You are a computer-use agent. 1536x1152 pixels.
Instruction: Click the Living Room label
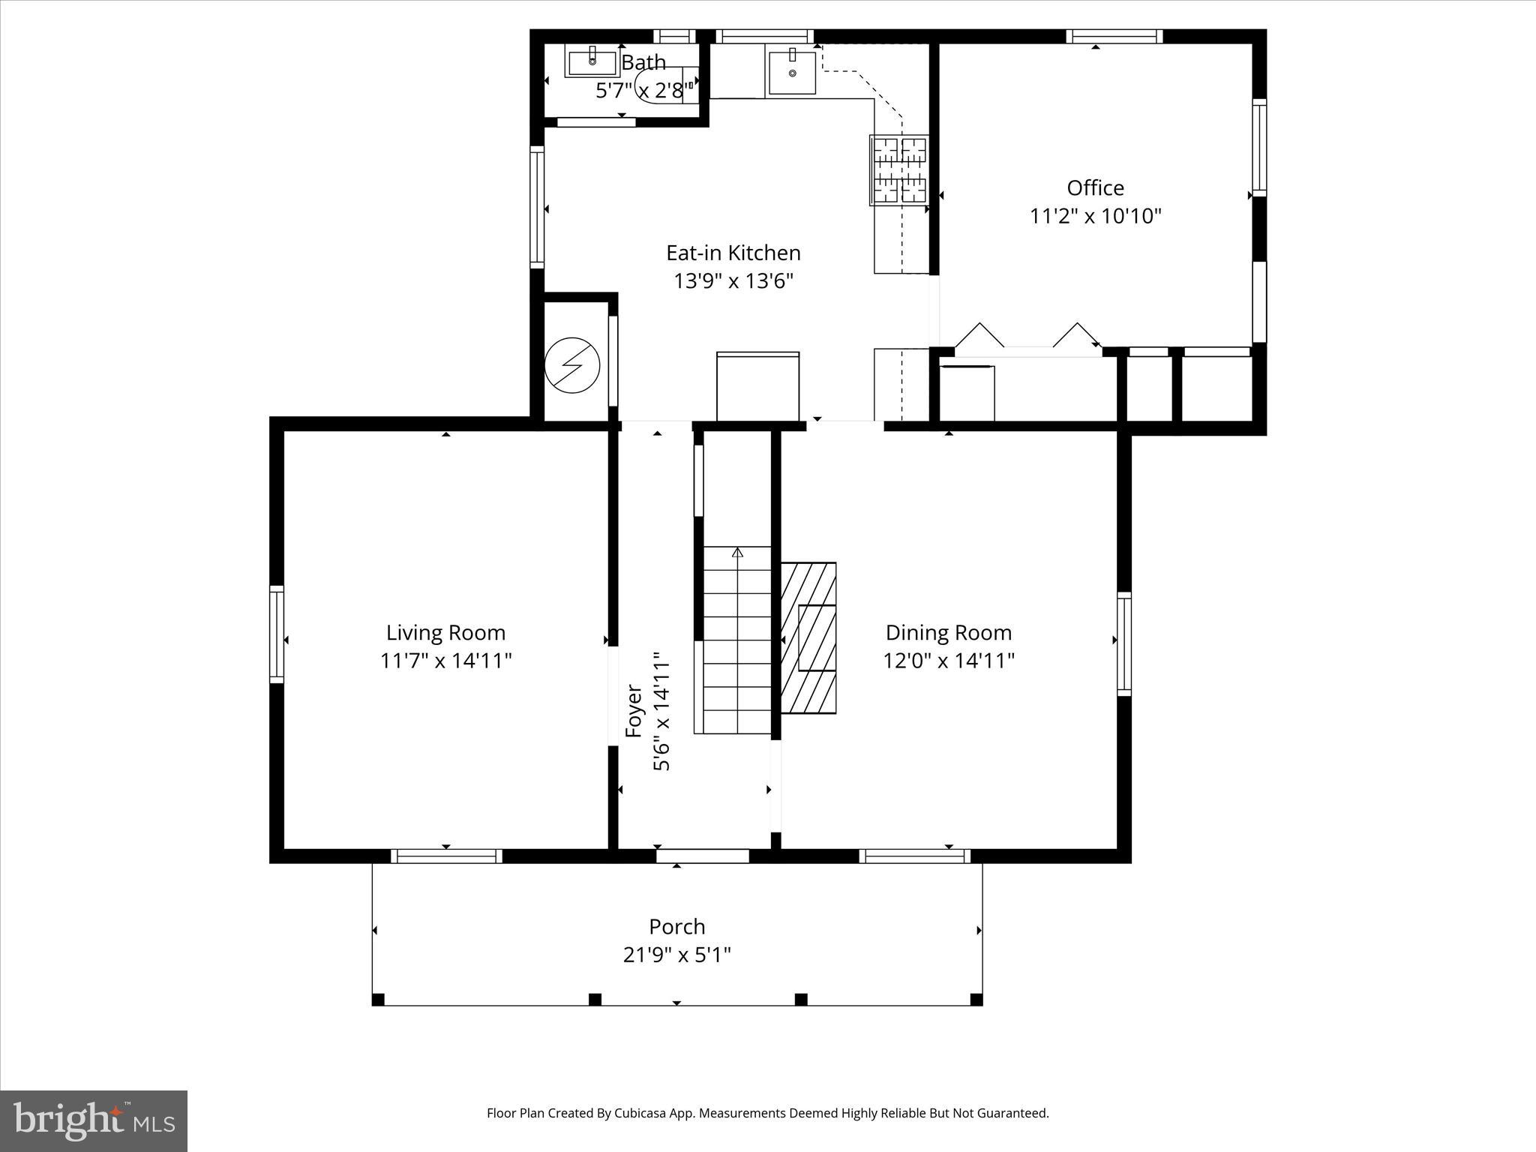[445, 632]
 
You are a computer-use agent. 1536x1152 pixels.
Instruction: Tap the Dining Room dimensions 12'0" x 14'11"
[949, 661]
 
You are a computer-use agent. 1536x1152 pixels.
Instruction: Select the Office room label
[1095, 187]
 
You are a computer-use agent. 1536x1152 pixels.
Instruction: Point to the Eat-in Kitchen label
[733, 253]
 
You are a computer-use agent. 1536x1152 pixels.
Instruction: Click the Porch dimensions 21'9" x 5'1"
[677, 955]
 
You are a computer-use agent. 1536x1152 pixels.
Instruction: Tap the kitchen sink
[792, 72]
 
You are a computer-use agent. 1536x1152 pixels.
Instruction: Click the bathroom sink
[592, 61]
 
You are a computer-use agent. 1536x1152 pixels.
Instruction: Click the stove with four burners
[898, 170]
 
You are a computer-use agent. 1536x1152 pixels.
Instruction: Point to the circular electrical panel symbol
[572, 365]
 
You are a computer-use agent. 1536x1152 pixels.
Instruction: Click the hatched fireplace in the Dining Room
[808, 637]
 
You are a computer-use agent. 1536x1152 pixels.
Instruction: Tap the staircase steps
[736, 640]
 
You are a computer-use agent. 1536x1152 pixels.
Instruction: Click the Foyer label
[634, 710]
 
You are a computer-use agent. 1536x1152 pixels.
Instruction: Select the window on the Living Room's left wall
[277, 634]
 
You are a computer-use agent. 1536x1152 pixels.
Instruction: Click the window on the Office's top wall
[1114, 36]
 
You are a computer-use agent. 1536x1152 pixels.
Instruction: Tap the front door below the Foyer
[703, 856]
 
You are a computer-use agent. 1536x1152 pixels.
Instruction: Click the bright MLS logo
[94, 1120]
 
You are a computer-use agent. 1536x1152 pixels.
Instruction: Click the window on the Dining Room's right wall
[1123, 643]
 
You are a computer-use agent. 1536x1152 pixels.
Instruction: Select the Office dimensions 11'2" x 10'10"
[1095, 216]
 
